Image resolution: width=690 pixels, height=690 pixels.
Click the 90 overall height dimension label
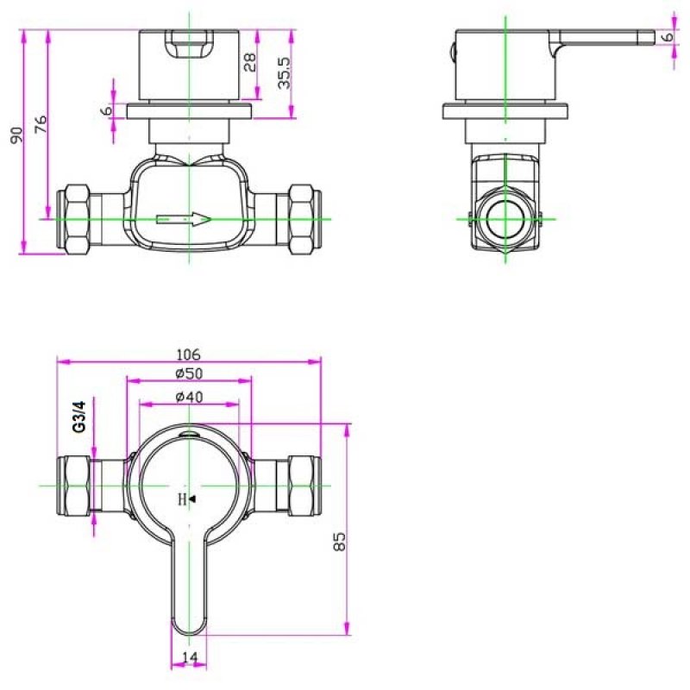point(16,135)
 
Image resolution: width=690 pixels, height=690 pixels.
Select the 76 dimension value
point(41,124)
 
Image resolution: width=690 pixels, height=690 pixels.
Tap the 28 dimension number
point(249,62)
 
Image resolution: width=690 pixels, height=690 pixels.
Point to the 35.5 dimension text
point(285,73)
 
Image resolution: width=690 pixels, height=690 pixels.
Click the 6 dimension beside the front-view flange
point(107,110)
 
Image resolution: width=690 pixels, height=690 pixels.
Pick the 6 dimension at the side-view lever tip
point(668,36)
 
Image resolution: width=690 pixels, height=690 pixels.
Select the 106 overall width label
point(188,354)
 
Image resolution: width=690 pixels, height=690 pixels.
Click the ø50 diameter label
point(189,373)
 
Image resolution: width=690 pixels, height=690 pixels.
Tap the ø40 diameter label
point(189,397)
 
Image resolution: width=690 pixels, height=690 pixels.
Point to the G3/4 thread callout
point(79,417)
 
